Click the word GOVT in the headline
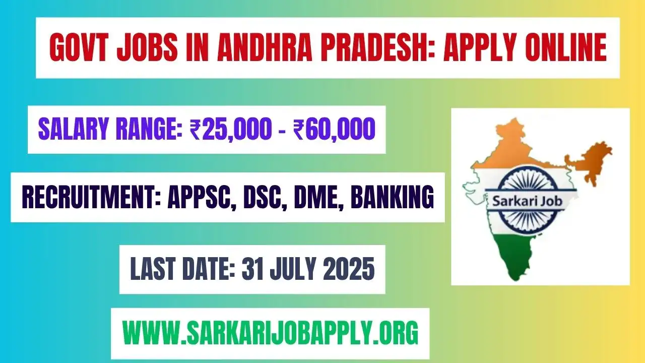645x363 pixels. coord(83,48)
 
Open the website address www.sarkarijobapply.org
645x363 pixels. coord(270,333)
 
